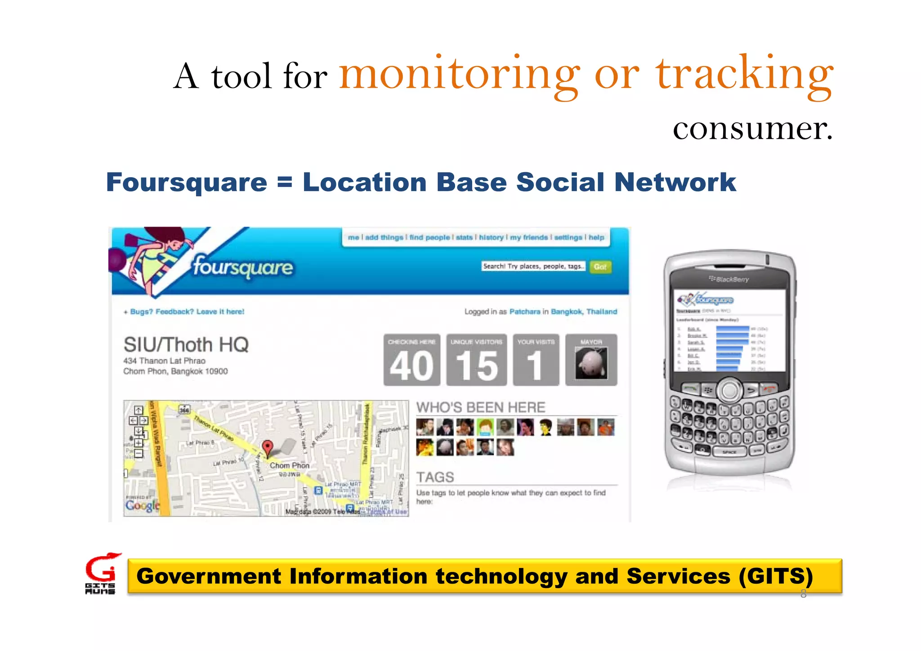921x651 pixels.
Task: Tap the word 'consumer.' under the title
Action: point(752,129)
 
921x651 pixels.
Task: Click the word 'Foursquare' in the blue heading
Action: point(187,183)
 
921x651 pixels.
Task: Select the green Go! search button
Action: point(600,267)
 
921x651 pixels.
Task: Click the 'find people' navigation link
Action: point(429,237)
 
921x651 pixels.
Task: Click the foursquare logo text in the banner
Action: point(243,267)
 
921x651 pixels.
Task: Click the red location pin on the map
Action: point(268,447)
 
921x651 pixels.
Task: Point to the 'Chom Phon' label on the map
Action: point(289,465)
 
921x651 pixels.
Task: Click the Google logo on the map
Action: point(142,505)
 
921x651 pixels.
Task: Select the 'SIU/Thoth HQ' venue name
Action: point(186,345)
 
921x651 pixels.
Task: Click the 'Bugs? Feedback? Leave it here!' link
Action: point(187,312)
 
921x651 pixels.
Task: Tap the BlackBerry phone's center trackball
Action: point(729,390)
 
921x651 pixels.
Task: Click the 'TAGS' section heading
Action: point(435,477)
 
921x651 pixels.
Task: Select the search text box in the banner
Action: point(533,266)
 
